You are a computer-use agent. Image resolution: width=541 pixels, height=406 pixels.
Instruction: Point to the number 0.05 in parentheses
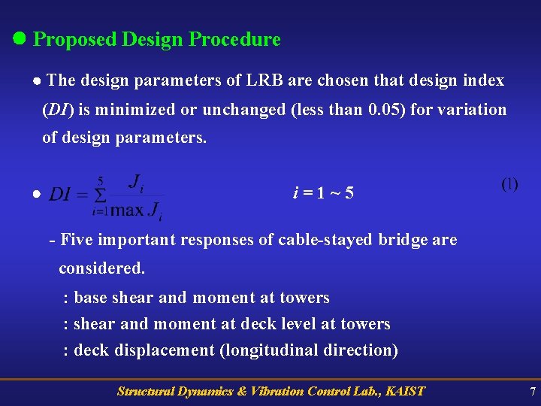[x=385, y=110]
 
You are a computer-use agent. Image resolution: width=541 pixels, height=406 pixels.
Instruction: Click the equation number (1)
[x=509, y=184]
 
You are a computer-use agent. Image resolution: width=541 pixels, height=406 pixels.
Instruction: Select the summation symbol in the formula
[x=98, y=195]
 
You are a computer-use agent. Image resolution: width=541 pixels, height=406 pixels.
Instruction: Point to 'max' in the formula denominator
[x=128, y=210]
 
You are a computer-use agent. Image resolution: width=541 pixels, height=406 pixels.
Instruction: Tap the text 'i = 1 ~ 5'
[x=323, y=194]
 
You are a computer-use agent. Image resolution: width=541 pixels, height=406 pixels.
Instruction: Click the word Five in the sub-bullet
[x=76, y=241]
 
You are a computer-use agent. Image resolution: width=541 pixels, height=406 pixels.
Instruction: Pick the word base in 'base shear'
[x=91, y=298]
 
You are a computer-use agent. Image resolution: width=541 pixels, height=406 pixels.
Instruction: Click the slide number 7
[x=532, y=391]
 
